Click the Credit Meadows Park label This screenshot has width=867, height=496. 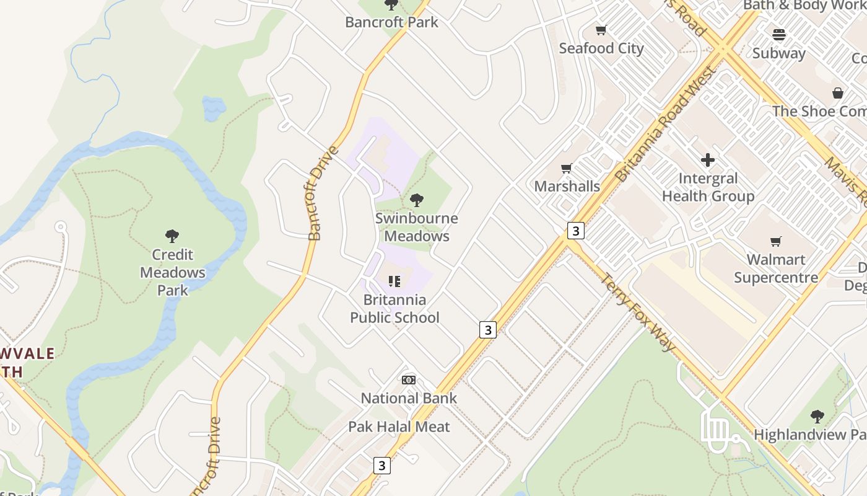point(172,272)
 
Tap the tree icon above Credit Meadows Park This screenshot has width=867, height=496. point(172,236)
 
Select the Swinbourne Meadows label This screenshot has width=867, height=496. point(416,227)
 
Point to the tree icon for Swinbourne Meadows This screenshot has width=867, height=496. point(417,200)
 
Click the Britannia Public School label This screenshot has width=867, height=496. point(394,309)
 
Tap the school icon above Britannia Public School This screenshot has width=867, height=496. point(394,281)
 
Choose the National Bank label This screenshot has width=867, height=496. point(409,398)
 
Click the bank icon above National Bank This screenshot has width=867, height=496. point(409,380)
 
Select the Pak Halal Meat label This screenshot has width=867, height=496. point(399,427)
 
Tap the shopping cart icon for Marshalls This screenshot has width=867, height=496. point(566,168)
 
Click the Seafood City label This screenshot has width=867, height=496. point(601,48)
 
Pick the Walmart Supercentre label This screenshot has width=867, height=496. point(775,268)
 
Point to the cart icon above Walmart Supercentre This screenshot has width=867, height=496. point(775,241)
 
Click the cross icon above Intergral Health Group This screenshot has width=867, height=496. point(708,160)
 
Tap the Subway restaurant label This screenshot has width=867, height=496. point(779,53)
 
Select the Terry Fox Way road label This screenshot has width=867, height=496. point(637,312)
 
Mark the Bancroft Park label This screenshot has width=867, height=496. point(391,22)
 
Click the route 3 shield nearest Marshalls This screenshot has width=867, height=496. point(576,231)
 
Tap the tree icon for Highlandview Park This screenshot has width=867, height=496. point(817,416)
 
